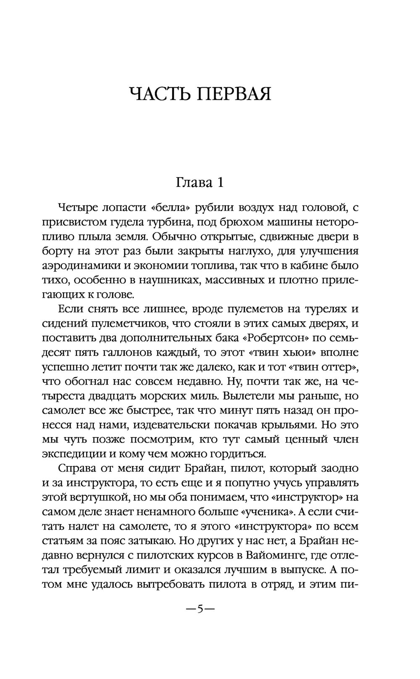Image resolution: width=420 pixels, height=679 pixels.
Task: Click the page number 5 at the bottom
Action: [x=200, y=609]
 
